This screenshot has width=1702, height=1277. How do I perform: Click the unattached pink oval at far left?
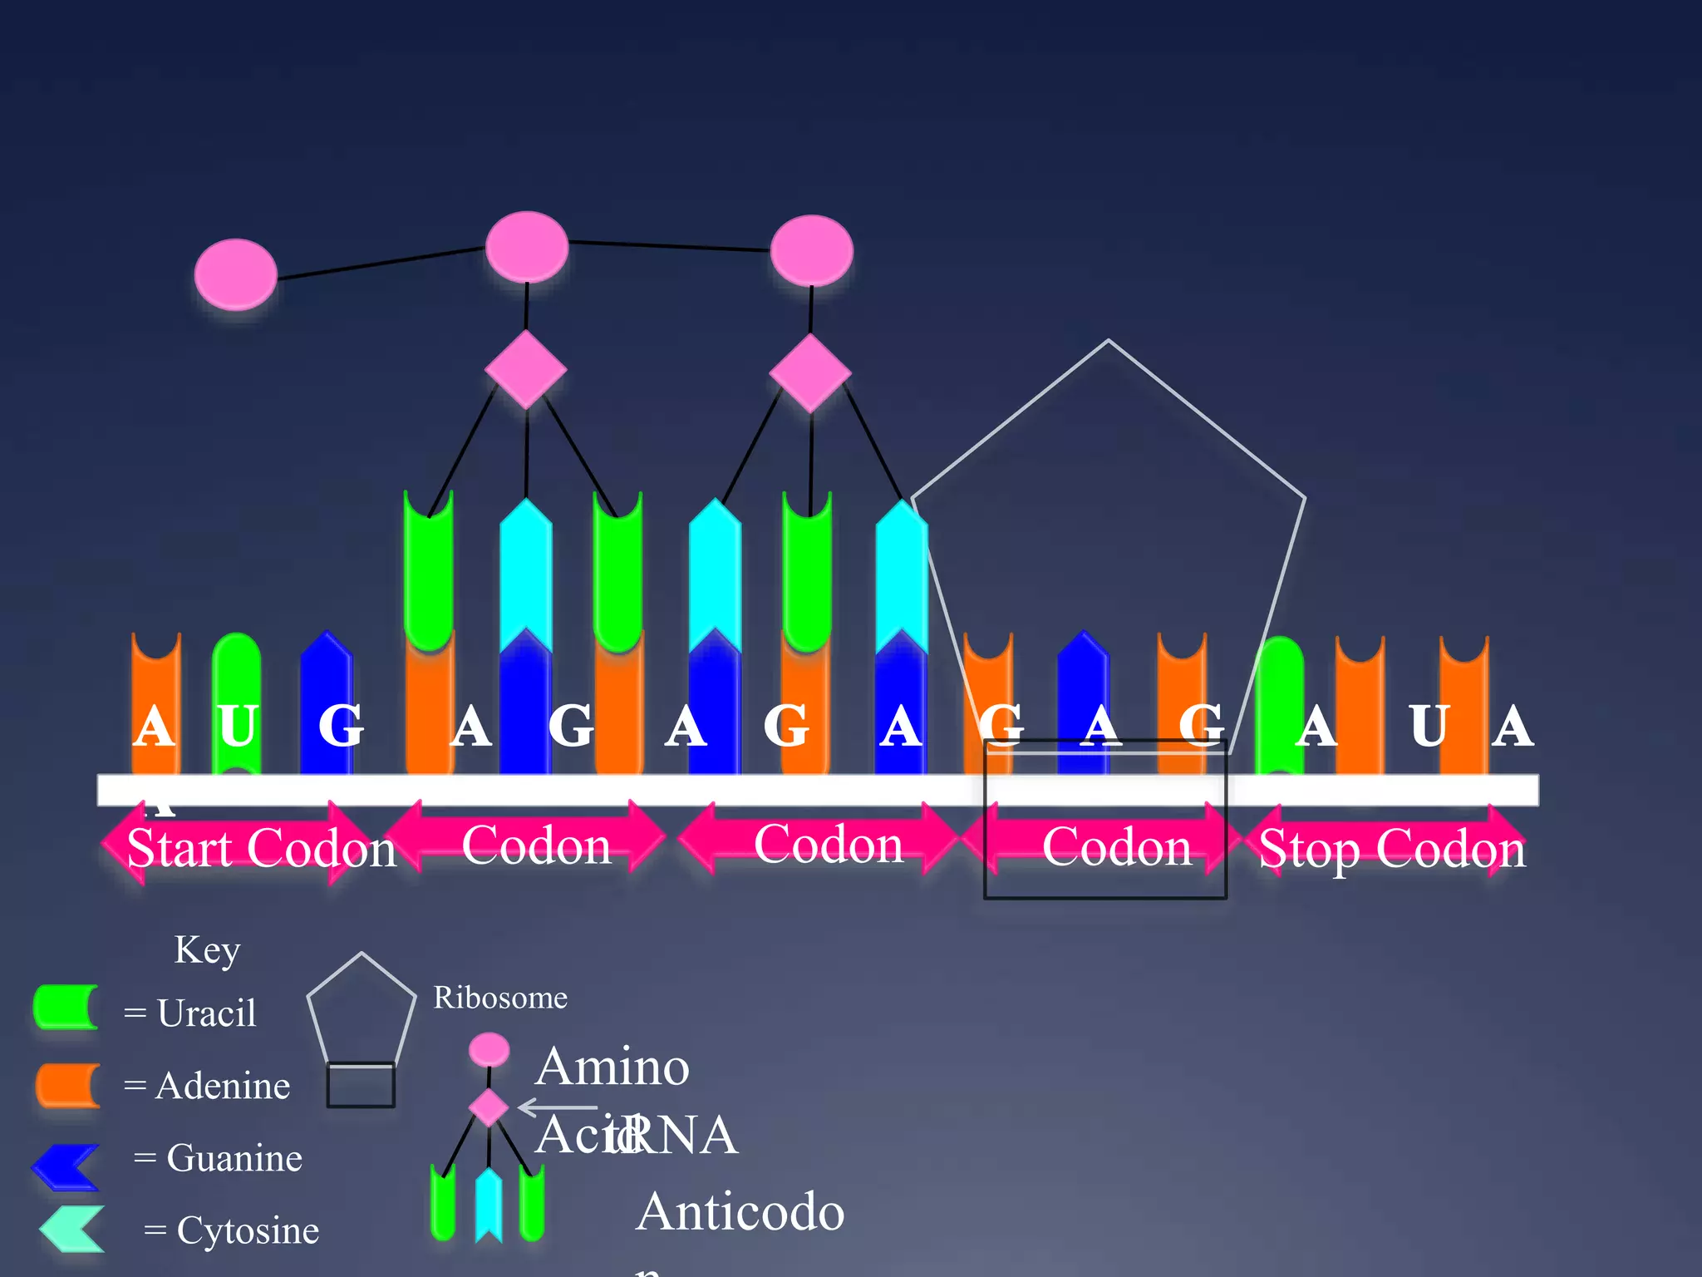235,274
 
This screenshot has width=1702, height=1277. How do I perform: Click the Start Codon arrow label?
260,848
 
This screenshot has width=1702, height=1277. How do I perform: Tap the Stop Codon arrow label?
1392,848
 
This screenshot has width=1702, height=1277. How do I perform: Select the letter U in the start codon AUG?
238,725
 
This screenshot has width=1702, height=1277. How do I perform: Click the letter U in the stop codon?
1429,725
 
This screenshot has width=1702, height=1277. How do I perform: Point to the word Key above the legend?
207,949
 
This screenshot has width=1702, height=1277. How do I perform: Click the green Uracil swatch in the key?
66,1008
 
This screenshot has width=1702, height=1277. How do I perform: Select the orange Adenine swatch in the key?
67,1085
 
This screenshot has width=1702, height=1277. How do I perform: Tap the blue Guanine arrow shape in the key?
66,1166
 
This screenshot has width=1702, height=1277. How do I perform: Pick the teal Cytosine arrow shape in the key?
73,1229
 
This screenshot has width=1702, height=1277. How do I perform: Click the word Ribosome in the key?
500,997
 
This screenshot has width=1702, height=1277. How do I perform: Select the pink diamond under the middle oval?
526,369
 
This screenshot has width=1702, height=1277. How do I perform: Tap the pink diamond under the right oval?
810,372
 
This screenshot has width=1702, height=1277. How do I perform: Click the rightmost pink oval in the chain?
811,250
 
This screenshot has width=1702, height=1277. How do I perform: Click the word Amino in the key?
612,1067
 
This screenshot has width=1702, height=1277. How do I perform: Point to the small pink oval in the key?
489,1049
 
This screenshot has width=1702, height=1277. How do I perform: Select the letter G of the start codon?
341,725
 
